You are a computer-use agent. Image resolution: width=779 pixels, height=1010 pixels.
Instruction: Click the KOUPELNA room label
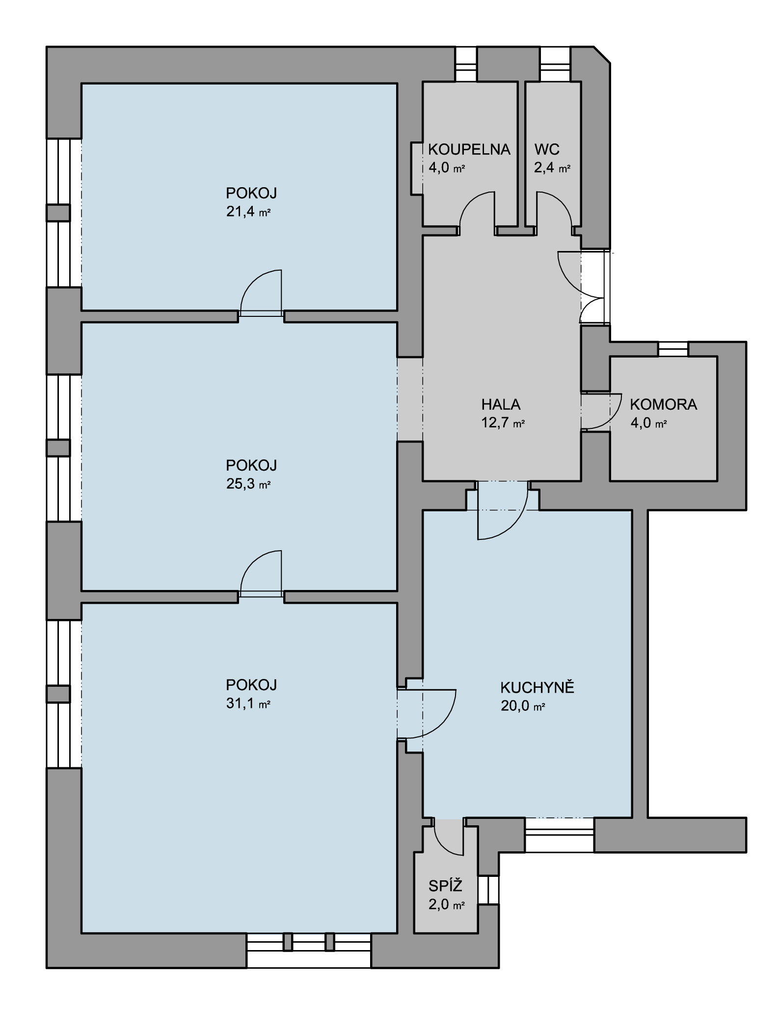(x=469, y=149)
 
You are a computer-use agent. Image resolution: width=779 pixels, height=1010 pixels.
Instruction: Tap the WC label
(x=547, y=149)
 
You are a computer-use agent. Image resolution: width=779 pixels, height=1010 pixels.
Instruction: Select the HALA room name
(x=501, y=404)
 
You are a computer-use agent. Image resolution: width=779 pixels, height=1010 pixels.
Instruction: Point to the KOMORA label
(x=663, y=404)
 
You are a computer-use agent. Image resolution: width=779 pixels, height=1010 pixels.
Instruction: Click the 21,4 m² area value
(x=248, y=212)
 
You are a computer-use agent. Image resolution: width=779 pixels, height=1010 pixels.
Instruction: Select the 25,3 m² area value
(x=248, y=484)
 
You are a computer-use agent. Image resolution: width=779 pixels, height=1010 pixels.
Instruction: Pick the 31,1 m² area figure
(x=248, y=703)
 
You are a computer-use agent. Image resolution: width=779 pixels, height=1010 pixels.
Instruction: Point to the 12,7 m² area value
(x=503, y=423)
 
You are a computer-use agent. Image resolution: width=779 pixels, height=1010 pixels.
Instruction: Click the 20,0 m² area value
(x=523, y=706)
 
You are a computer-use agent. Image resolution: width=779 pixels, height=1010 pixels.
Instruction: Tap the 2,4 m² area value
(x=552, y=168)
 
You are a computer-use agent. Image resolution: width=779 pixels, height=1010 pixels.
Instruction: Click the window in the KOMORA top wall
(x=673, y=349)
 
